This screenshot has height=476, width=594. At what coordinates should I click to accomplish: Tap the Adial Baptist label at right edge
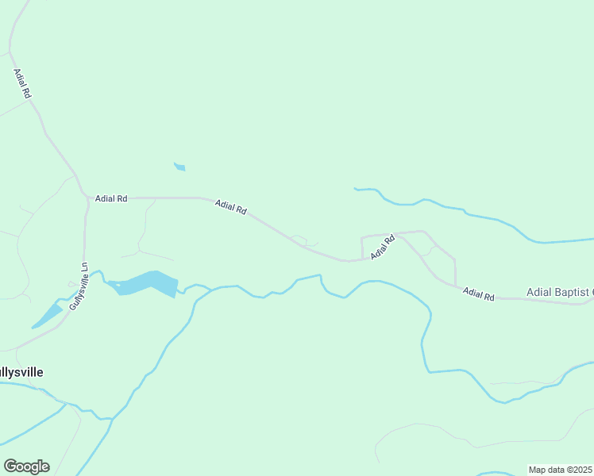click(560, 293)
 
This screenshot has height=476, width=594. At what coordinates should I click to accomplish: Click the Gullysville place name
click(21, 371)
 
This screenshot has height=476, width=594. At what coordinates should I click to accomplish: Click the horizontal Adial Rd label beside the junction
click(111, 198)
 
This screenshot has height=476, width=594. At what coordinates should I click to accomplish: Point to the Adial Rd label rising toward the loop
click(382, 247)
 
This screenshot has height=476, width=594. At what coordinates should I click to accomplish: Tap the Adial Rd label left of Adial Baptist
click(479, 294)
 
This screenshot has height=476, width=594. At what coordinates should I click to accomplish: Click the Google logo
click(26, 466)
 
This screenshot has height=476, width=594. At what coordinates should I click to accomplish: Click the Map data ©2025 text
click(561, 470)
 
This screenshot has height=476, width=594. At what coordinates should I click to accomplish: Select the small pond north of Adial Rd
click(180, 167)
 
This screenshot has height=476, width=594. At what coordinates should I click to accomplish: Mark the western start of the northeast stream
click(356, 189)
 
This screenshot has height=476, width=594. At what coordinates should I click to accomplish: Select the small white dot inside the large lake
click(117, 284)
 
